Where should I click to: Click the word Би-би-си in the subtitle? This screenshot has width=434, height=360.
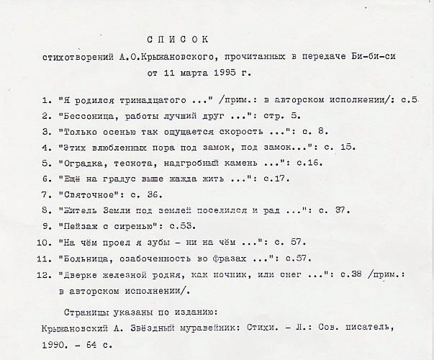[375, 56]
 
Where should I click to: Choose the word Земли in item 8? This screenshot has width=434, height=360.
[117, 210]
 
